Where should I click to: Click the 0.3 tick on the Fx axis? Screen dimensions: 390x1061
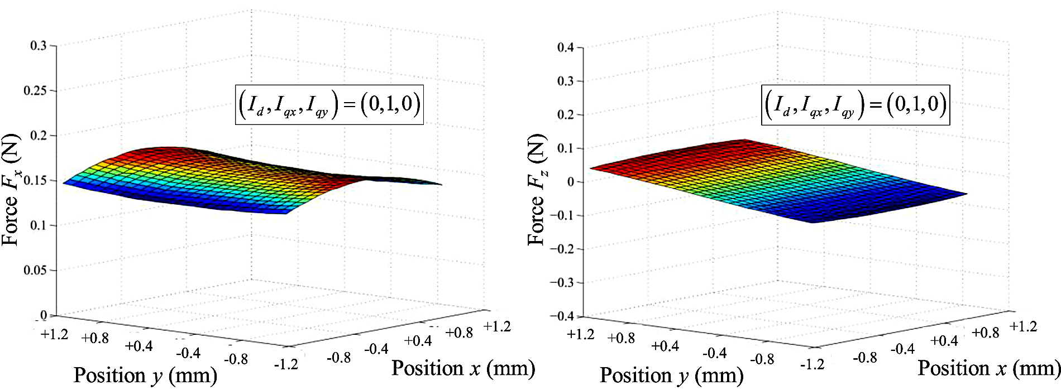click(39, 45)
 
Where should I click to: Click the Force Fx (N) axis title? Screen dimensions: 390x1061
click(12, 190)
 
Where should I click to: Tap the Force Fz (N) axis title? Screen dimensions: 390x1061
click(537, 190)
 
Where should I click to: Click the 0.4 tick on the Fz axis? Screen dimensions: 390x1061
click(565, 47)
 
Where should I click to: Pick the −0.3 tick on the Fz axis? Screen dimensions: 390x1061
click(562, 282)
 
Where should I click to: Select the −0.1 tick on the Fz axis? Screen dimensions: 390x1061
click(562, 215)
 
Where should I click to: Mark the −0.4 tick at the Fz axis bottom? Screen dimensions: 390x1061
click(562, 316)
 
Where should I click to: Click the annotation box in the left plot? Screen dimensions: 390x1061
click(329, 104)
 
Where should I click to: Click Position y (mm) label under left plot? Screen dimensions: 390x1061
click(145, 375)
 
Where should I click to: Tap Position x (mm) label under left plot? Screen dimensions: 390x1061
click(463, 368)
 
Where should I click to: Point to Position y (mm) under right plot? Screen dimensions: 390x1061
click(671, 375)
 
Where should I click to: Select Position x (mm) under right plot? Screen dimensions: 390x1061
click(989, 368)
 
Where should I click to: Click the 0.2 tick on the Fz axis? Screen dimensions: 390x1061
click(565, 115)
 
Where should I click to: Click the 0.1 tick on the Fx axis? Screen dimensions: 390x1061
click(39, 225)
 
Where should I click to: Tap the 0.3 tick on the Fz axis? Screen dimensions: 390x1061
click(565, 81)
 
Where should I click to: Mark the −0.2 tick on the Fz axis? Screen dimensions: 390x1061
click(562, 249)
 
